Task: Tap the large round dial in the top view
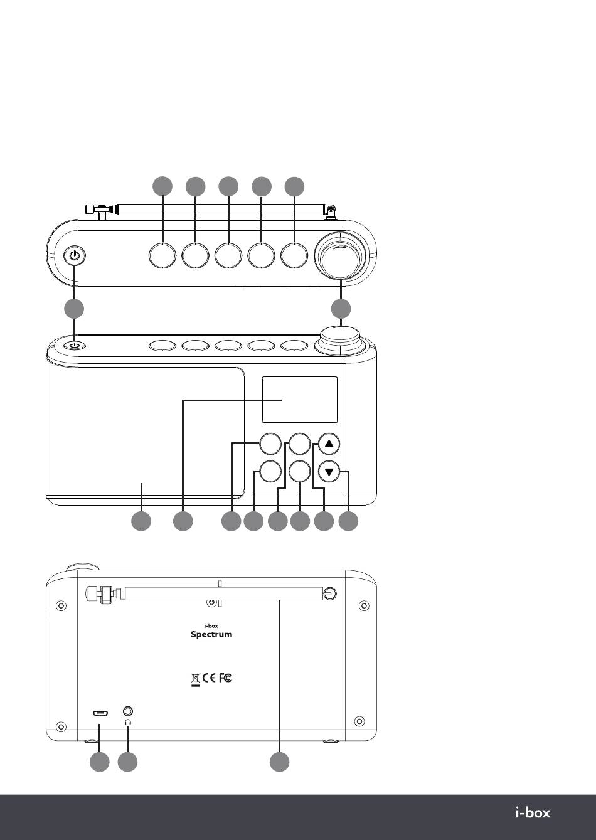coord(341,256)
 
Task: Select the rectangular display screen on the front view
coord(299,400)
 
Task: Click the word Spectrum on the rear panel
coord(211,634)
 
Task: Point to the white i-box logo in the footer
coord(533,813)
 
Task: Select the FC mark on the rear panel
coord(226,678)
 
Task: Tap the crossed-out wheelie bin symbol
coord(196,678)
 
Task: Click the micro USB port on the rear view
coord(100,713)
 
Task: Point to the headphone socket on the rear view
coord(128,712)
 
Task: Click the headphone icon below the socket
coord(128,722)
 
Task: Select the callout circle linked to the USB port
coord(99,762)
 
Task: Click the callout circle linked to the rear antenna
coord(280,762)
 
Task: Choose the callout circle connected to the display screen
coord(183,521)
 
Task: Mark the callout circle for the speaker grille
coord(141,521)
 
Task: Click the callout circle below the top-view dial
coord(341,309)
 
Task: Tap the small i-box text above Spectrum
coord(211,625)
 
